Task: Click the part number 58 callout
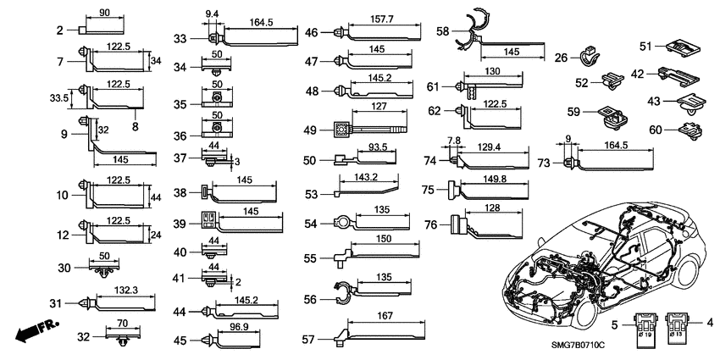tap(443, 31)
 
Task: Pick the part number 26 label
tap(562, 58)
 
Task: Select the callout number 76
tap(430, 224)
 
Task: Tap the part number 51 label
tap(645, 46)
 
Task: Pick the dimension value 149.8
tap(498, 180)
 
